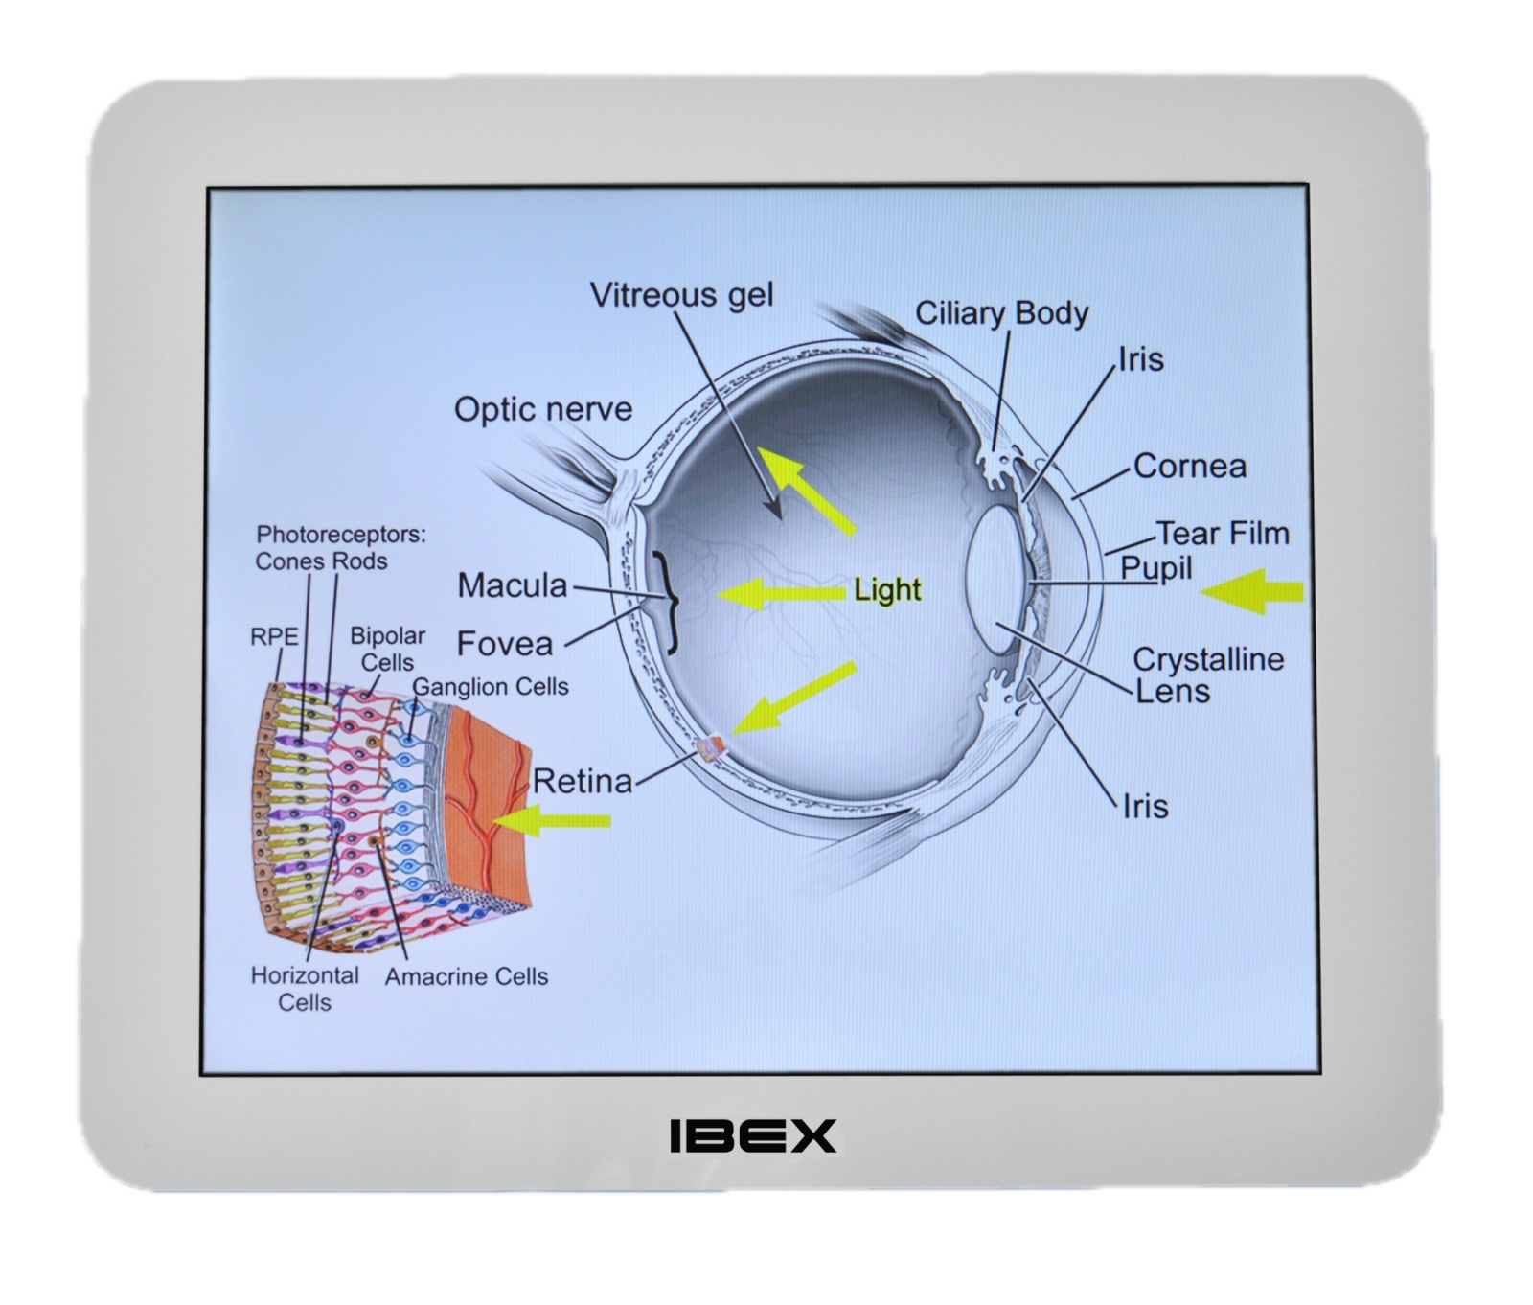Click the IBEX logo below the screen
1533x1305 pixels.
(x=752, y=1135)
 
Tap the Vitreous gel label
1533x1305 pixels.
(x=681, y=294)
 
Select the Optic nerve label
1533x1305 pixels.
(x=543, y=409)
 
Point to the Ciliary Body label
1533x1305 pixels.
(x=1002, y=313)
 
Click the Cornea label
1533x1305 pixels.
(x=1190, y=467)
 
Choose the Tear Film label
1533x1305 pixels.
(x=1223, y=533)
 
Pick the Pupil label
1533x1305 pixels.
(x=1156, y=568)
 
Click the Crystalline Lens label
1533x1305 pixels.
(x=1208, y=675)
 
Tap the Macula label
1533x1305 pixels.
(x=513, y=585)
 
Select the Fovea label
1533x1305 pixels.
(x=505, y=643)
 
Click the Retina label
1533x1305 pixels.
(x=583, y=782)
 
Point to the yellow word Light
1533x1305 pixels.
(x=887, y=590)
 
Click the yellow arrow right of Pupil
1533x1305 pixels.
(x=1253, y=590)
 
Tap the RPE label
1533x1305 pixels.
(x=274, y=637)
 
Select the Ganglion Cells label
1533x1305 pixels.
(x=491, y=687)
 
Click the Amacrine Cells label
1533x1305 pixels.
(x=467, y=976)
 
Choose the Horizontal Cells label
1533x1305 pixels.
(x=305, y=989)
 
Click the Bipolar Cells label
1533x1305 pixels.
(x=387, y=649)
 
